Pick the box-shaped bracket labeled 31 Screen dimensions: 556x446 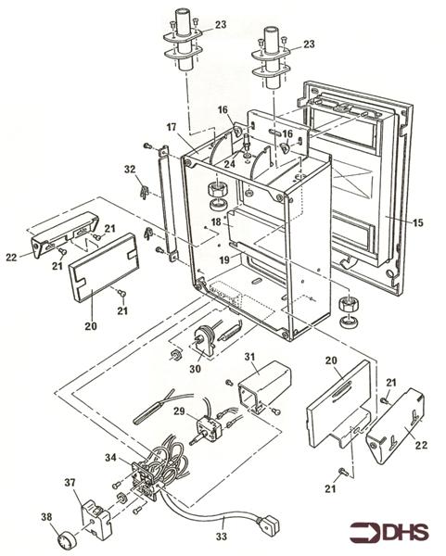pyautogui.click(x=262, y=384)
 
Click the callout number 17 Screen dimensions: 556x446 pyautogui.click(x=172, y=127)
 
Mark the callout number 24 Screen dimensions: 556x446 pyautogui.click(x=228, y=165)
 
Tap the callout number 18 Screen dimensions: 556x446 pyautogui.click(x=214, y=221)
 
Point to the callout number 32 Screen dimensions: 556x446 pyautogui.click(x=130, y=169)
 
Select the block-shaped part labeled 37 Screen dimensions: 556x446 pyautogui.click(x=96, y=511)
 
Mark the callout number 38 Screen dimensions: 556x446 pyautogui.click(x=45, y=516)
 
